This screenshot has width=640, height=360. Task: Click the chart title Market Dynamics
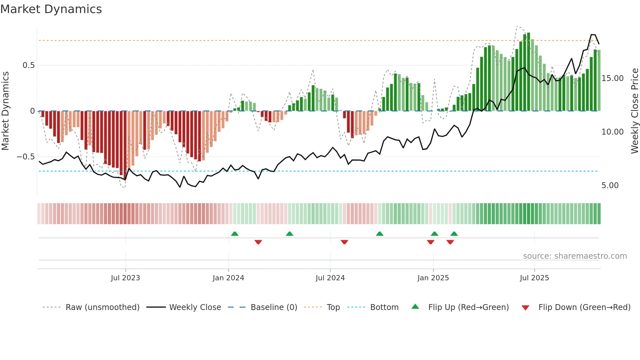click(51, 9)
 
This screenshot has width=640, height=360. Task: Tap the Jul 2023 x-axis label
click(125, 278)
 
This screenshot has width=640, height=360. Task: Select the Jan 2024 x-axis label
click(228, 278)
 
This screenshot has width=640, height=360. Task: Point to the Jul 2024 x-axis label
click(330, 278)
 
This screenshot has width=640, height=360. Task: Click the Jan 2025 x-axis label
click(433, 278)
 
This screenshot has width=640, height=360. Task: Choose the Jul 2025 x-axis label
click(534, 278)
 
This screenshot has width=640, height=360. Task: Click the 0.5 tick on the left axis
click(28, 65)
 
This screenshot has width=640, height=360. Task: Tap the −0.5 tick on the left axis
click(26, 157)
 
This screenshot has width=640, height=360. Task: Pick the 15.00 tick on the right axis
click(612, 78)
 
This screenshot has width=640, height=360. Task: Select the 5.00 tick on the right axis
click(610, 186)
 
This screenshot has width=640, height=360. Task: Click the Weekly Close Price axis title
click(634, 111)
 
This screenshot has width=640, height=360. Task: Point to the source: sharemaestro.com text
click(575, 256)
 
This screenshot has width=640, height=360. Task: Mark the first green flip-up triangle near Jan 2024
click(234, 234)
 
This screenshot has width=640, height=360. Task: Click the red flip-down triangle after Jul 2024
click(344, 242)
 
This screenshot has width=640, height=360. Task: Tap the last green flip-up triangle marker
click(454, 234)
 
